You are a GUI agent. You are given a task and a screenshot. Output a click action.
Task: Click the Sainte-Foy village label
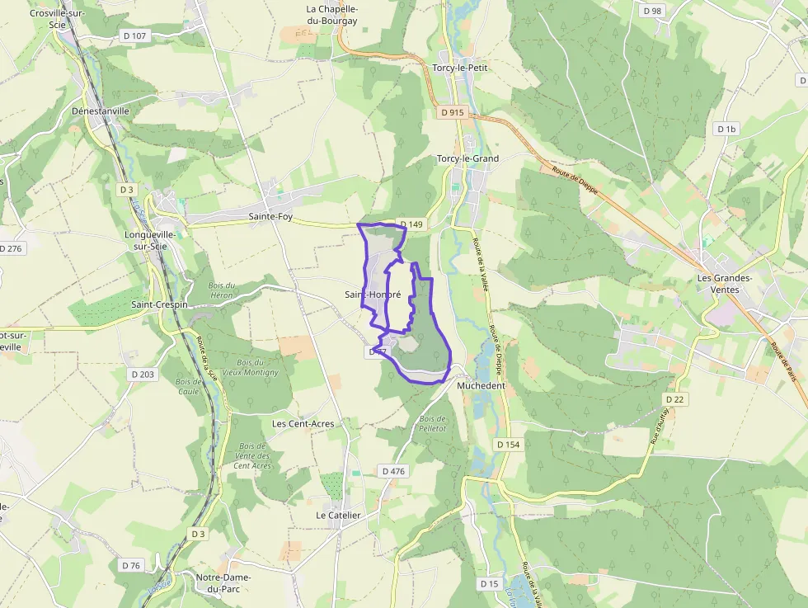[270, 217]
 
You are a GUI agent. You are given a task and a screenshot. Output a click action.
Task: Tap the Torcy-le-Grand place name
[467, 158]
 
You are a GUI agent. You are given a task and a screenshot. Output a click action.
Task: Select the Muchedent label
[481, 385]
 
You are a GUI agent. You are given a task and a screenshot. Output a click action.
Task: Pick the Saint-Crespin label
[160, 304]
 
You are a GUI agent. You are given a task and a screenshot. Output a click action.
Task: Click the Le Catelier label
[338, 515]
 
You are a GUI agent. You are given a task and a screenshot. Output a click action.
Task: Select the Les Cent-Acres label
[303, 424]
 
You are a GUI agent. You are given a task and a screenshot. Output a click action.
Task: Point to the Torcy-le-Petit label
[461, 68]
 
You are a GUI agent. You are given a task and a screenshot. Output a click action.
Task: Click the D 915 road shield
[452, 112]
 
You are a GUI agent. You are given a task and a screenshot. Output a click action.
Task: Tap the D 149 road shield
[411, 224]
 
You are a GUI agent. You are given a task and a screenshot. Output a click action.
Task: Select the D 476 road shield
[394, 471]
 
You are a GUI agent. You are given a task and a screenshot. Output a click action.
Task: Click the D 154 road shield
[508, 445]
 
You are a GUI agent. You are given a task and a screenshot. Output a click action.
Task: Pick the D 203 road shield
[142, 375]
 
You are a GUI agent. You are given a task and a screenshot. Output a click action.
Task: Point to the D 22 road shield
[674, 399]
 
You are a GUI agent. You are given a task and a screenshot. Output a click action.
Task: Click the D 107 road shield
[134, 36]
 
